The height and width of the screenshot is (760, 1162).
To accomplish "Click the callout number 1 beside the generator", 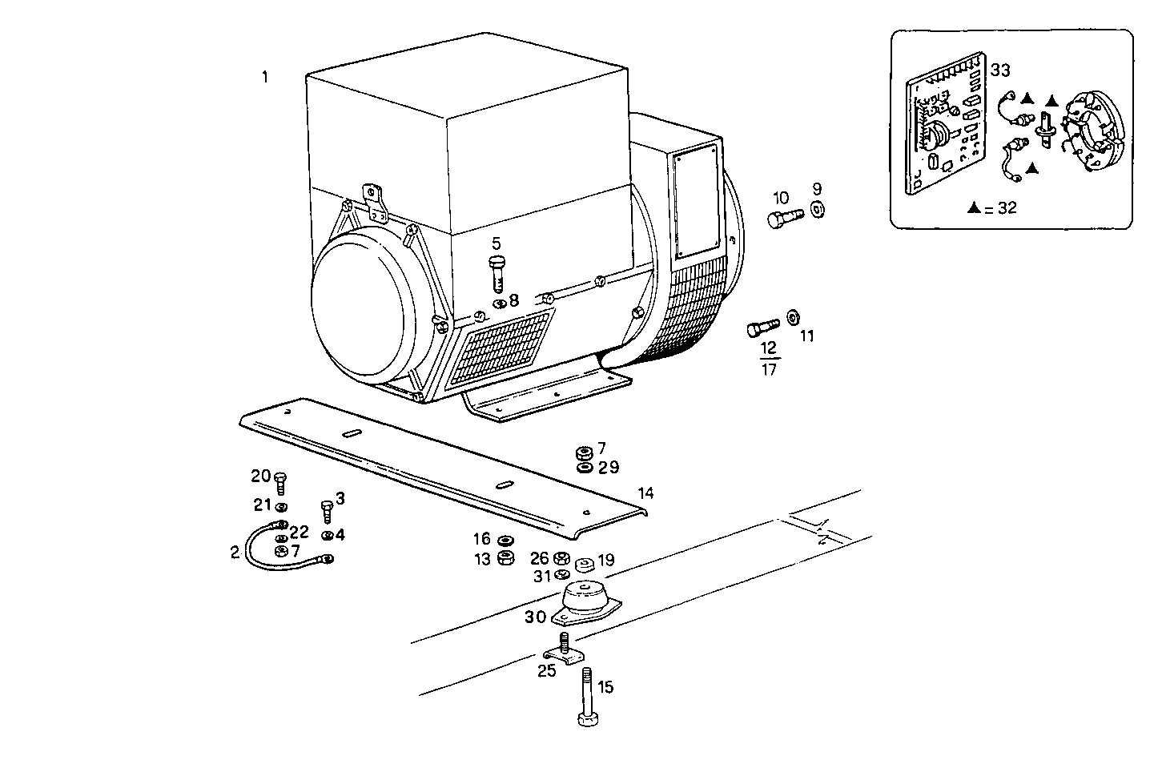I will [264, 78].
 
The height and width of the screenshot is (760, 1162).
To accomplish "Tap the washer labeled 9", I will [817, 211].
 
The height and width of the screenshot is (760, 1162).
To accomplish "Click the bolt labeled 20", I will [280, 482].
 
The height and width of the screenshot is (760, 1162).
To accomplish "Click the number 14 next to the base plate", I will [645, 493].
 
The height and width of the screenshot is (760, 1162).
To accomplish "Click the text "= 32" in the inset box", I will [1000, 208].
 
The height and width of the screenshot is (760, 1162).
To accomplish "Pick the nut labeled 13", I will [505, 558].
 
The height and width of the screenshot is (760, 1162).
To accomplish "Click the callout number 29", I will [609, 468].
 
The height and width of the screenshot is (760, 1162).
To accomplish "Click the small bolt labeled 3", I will [326, 510].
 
